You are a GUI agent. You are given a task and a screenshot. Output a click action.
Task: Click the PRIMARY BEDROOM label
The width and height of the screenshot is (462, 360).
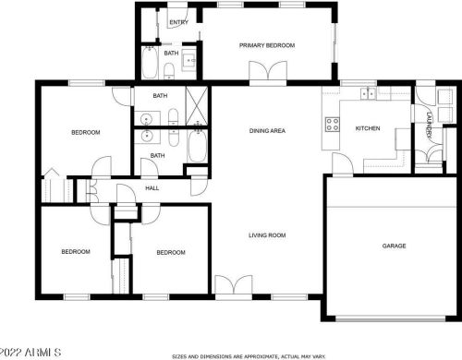tap(266, 45)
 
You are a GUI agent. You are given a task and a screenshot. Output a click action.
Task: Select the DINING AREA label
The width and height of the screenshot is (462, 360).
tap(267, 131)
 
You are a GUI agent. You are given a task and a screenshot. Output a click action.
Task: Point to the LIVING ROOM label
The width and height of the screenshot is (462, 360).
tap(266, 235)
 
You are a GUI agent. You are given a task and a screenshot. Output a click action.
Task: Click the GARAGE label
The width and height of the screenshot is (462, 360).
tap(395, 246)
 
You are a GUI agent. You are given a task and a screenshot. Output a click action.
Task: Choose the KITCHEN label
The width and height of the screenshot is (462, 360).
tap(368, 128)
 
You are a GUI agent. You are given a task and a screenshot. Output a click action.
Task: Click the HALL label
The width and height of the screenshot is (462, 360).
tap(152, 188)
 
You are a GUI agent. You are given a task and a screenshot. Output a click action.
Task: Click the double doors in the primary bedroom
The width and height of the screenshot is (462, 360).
tap(263, 73)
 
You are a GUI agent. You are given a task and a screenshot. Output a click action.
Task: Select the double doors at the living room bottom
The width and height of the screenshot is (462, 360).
tap(233, 285)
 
